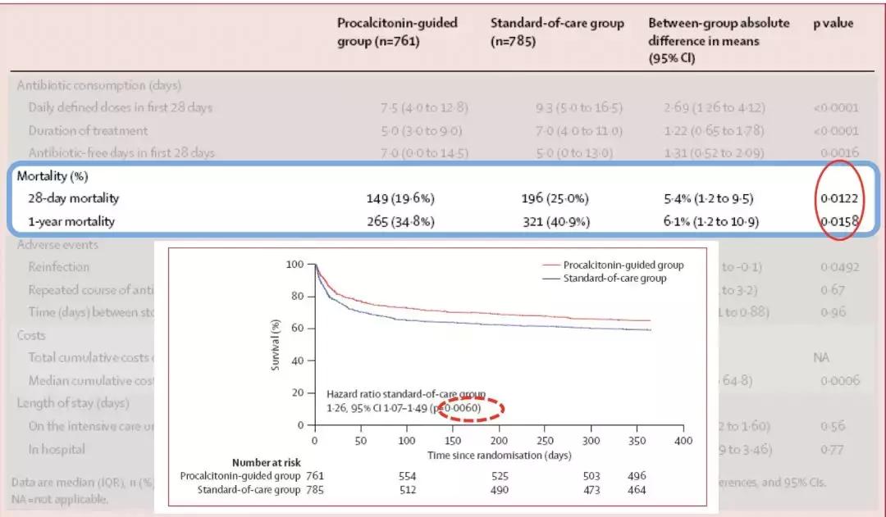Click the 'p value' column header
833,24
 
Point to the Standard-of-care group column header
557,31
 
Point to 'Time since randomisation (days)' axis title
499,455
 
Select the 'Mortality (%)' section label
53,175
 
